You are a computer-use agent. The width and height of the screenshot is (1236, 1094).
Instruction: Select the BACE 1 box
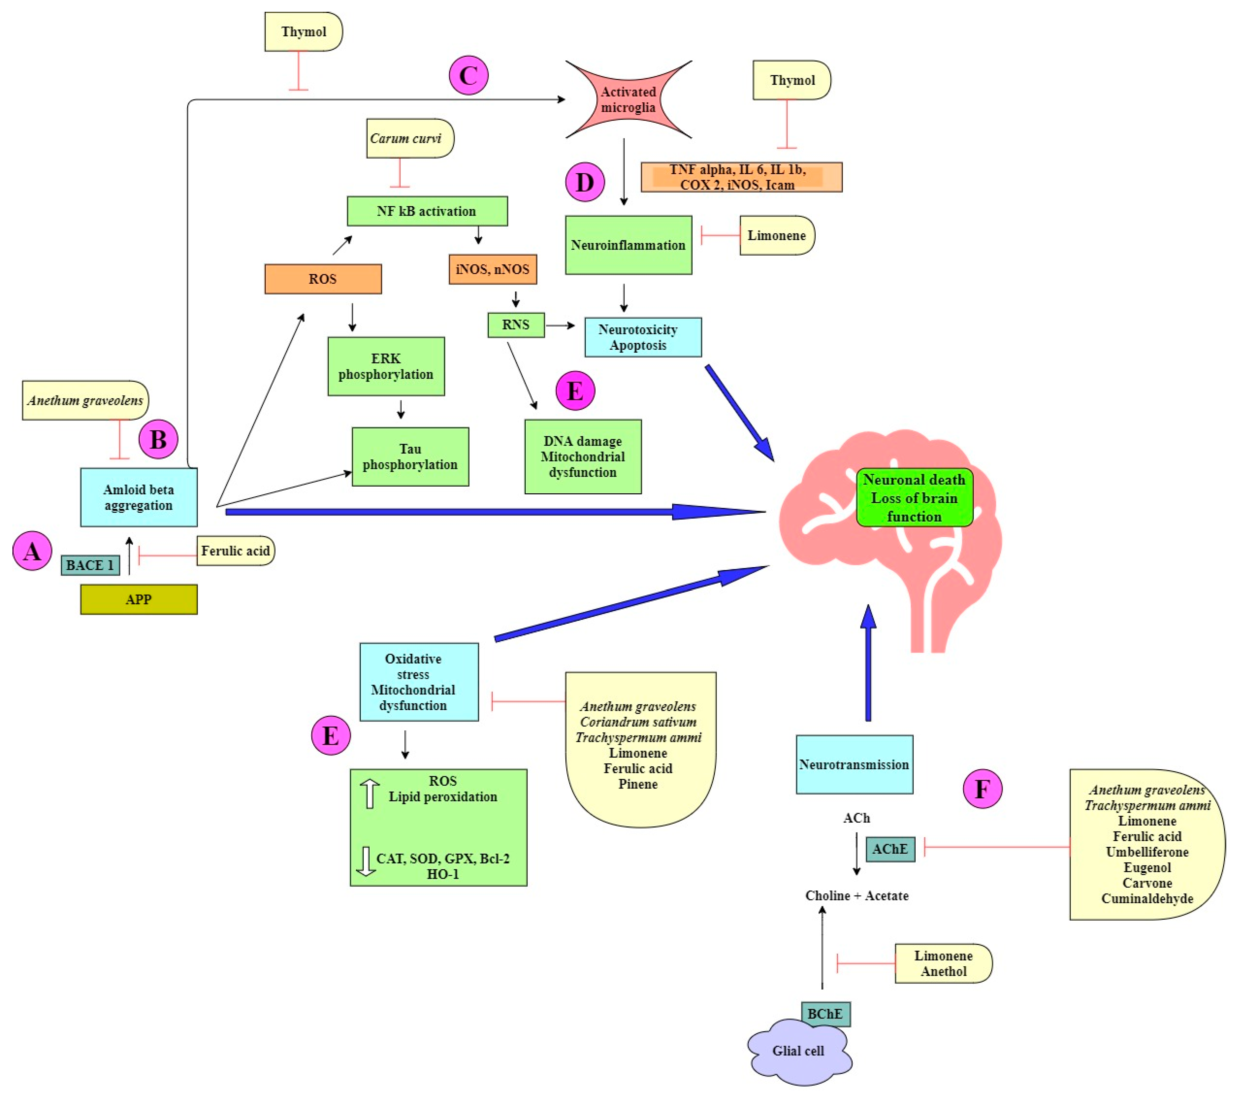coord(90,565)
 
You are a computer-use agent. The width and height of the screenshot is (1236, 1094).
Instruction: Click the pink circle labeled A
coord(32,551)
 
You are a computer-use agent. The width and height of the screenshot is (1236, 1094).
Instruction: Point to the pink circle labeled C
coord(469,75)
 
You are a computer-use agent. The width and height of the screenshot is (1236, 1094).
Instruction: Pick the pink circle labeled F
coord(982,789)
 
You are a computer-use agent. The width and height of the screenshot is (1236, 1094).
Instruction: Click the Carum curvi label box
coord(409,138)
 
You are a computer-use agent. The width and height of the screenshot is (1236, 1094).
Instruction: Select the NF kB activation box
coord(427,211)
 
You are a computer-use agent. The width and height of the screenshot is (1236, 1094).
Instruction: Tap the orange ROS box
coord(323,279)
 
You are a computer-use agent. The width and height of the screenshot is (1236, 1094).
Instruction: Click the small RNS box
coord(516,325)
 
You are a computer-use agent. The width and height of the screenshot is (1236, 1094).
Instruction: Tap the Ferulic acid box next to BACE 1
coord(235,551)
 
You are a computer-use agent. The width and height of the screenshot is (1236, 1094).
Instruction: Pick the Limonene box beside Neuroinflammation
coord(776,235)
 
